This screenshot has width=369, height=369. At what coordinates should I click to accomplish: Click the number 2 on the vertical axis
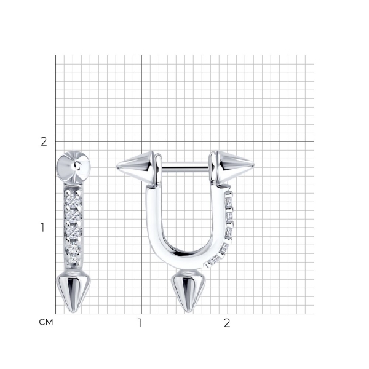pos(44,142)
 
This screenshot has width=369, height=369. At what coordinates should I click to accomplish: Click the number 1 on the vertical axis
pos(42,228)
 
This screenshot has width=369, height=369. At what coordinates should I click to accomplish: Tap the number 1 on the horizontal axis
pos(140,323)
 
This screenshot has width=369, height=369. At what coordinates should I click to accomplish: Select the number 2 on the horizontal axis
pos(227,323)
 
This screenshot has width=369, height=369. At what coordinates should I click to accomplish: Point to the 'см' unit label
pos(46,322)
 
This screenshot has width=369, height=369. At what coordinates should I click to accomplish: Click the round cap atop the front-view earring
pos(74,167)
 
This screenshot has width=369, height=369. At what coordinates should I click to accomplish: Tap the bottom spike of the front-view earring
pos(73,292)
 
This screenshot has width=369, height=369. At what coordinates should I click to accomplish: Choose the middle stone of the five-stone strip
pos(73,231)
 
